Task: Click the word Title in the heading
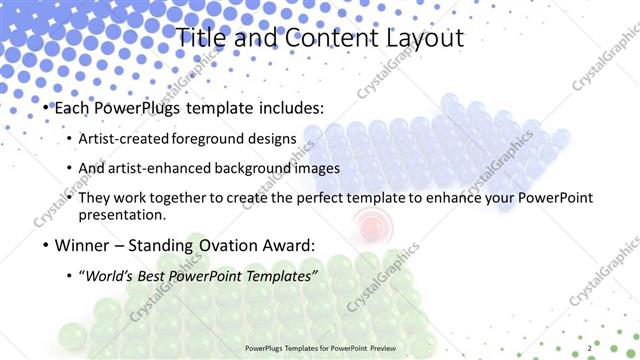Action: [x=201, y=38]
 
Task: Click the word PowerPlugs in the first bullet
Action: [x=134, y=108]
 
